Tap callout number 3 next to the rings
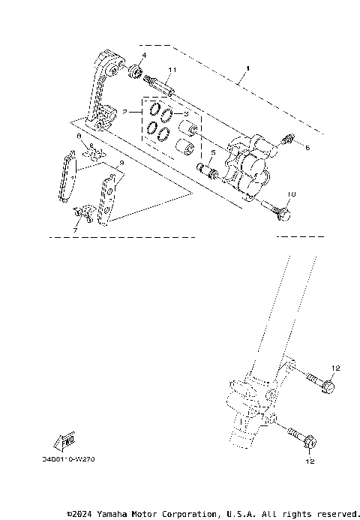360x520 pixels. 185,113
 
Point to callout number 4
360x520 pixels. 144,56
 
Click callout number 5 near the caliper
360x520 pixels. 213,152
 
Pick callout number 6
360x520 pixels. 306,149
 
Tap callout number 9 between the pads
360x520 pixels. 121,161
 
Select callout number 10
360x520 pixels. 292,194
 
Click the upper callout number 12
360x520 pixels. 336,368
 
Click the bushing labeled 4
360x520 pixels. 136,72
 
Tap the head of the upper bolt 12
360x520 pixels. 327,387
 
